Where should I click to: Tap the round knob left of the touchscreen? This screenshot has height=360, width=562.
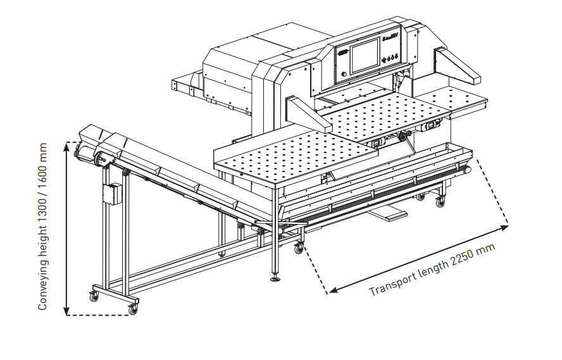(344, 74)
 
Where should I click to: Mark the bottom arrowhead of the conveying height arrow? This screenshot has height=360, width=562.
(67, 311)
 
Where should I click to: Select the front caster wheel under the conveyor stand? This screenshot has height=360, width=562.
(133, 309)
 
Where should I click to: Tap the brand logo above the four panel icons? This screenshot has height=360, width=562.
(391, 46)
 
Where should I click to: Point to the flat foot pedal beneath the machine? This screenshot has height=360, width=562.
(392, 214)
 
